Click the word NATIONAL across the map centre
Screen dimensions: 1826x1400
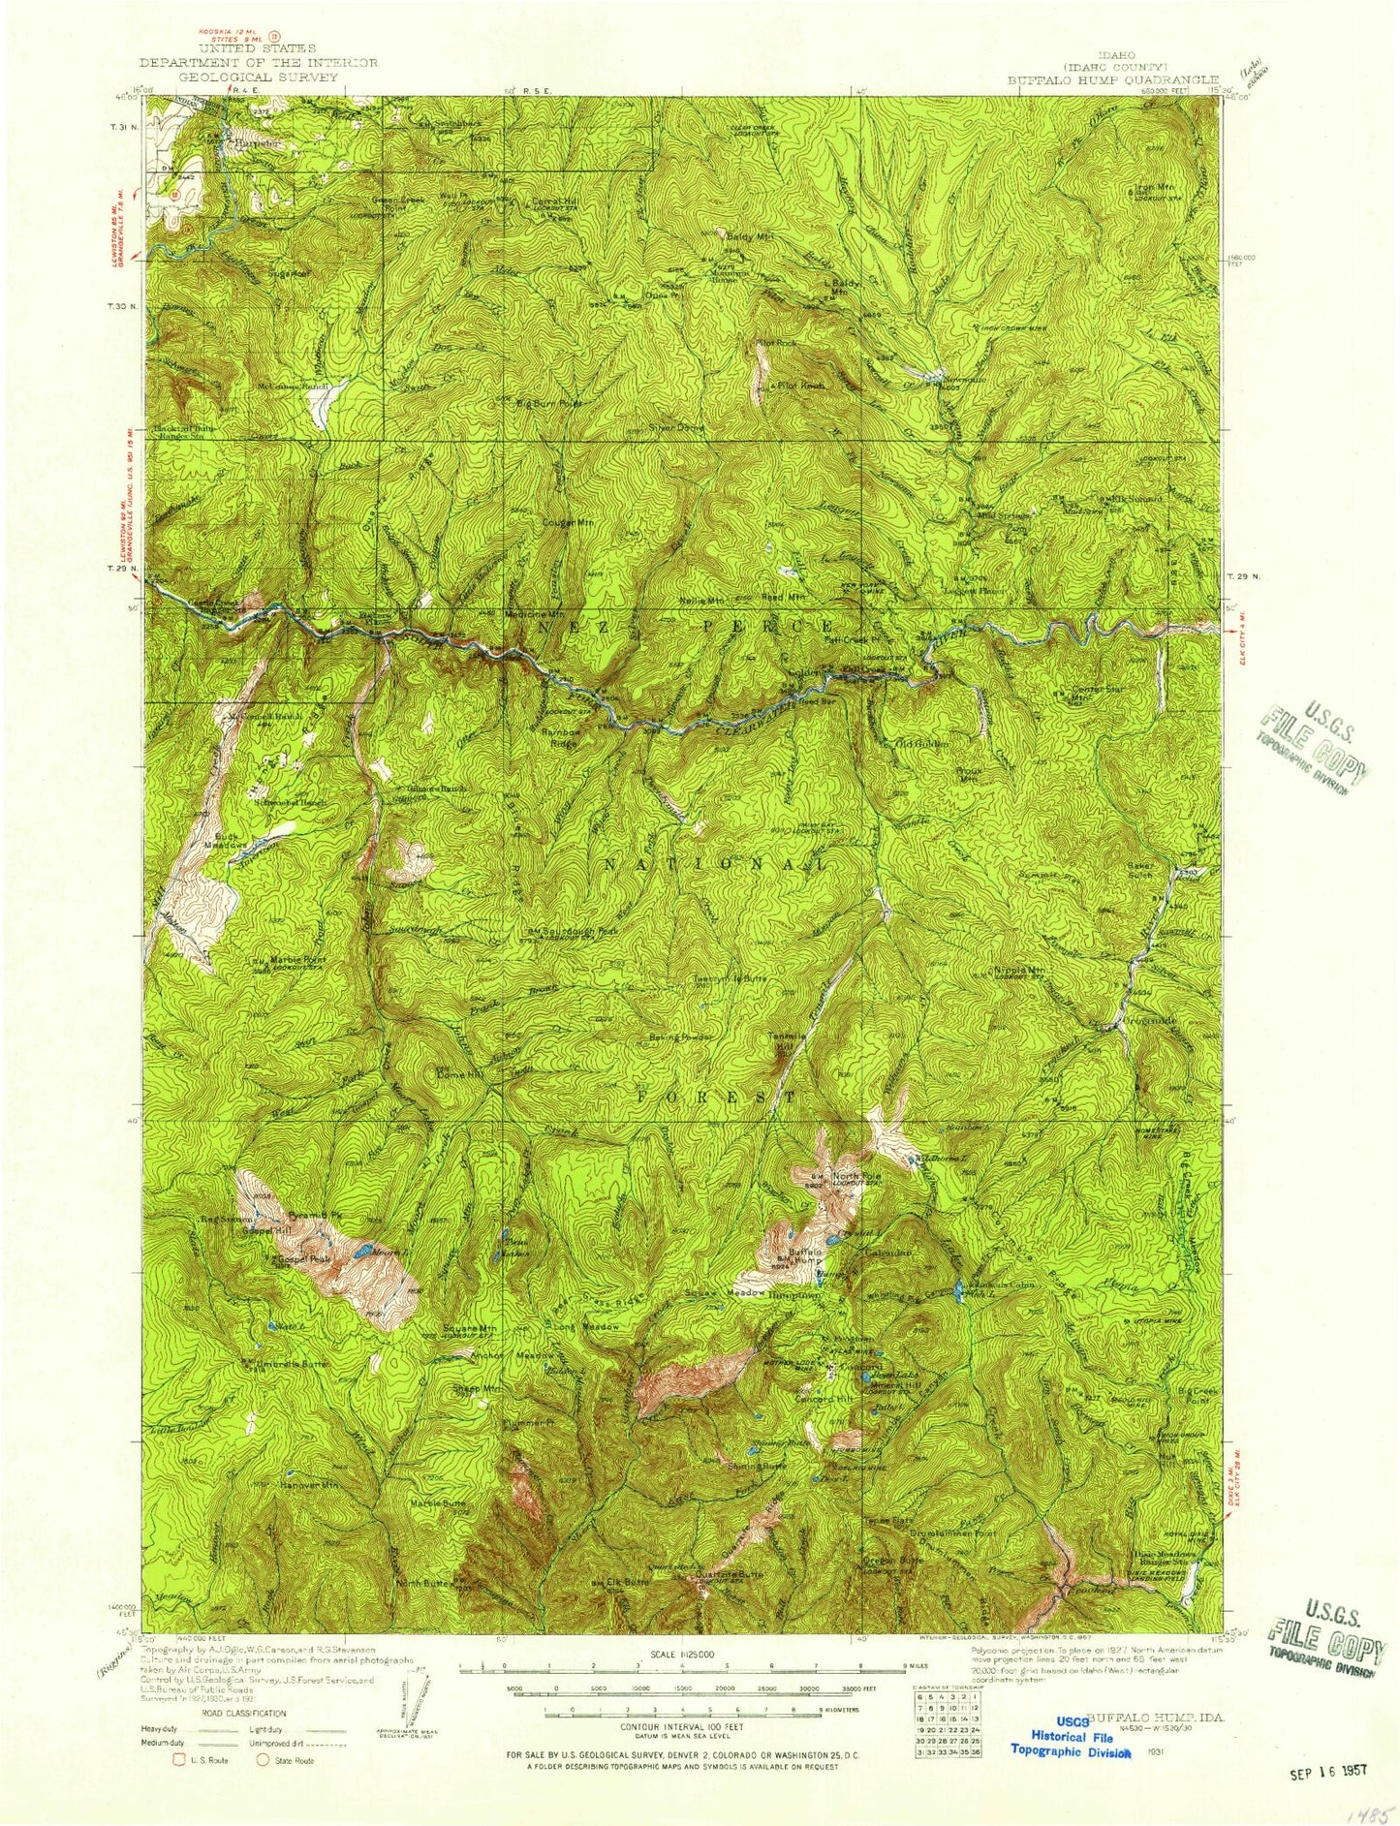pyautogui.click(x=716, y=862)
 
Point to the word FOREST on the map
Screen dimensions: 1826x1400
pyautogui.click(x=717, y=1097)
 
